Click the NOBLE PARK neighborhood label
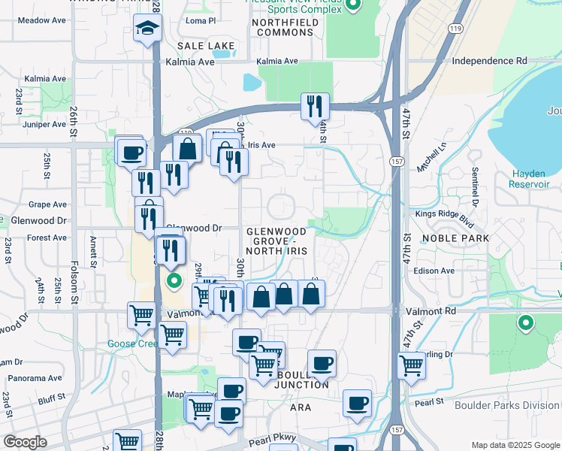tap(455, 238)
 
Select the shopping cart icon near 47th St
tap(411, 365)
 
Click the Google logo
tap(25, 441)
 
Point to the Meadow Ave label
tap(39, 20)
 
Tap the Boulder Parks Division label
tap(508, 406)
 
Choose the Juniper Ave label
tap(45, 125)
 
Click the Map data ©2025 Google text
tap(514, 445)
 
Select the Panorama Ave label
tap(37, 378)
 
